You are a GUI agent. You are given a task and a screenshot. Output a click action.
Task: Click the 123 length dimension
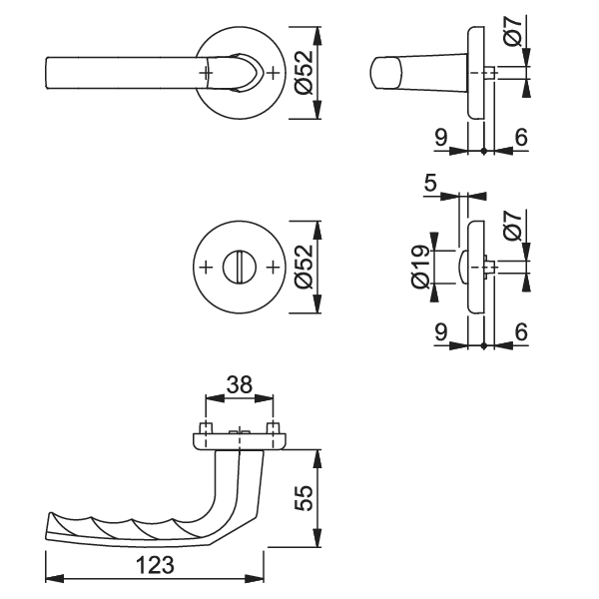coord(155,565)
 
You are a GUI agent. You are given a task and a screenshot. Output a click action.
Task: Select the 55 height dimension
coord(303,498)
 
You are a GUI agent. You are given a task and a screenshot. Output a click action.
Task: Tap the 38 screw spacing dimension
coord(240,385)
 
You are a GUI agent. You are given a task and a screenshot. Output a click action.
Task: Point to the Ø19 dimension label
coord(420,267)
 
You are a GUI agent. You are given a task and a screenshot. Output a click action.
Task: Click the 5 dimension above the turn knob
coord(430,184)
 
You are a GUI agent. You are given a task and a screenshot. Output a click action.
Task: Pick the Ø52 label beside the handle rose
coord(303,73)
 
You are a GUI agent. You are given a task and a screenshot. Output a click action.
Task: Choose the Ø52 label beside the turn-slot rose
coord(303,267)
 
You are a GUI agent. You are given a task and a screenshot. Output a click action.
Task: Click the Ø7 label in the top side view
coord(513,32)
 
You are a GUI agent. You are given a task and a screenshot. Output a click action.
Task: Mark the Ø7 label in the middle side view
coord(513,227)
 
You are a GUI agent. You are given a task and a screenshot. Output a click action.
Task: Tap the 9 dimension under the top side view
coord(441,137)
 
